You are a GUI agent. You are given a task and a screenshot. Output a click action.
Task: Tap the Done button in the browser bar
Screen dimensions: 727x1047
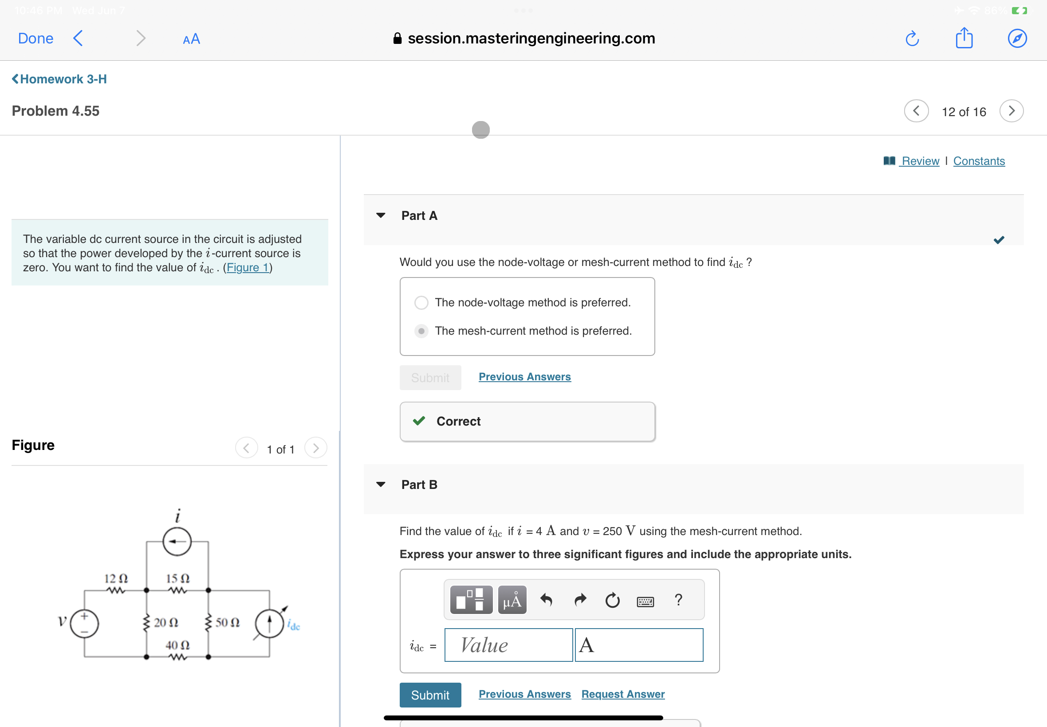tap(35, 38)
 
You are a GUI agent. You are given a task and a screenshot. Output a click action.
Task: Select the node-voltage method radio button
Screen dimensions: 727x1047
tap(421, 303)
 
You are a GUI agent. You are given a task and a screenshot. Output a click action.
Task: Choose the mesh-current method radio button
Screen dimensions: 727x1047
tap(421, 331)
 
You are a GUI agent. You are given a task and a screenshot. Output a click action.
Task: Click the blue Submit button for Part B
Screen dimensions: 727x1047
tap(430, 695)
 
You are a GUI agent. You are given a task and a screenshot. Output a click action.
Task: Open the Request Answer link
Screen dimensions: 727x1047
tap(622, 694)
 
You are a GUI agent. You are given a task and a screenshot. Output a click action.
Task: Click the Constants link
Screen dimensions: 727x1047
tap(979, 161)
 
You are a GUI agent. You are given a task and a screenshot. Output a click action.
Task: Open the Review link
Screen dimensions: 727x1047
tap(920, 161)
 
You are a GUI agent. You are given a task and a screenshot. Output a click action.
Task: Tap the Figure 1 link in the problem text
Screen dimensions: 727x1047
tap(247, 268)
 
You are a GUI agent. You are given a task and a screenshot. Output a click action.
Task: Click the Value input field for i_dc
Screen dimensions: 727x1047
tap(508, 645)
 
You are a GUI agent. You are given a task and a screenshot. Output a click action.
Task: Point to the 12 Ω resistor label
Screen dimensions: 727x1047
tap(116, 578)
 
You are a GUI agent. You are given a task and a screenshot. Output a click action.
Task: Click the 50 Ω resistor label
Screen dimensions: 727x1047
tap(228, 623)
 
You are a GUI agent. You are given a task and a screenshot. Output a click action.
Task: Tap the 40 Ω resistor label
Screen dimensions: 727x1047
tap(177, 645)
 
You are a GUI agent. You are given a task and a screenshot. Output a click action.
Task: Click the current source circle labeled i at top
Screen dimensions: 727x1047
tap(177, 542)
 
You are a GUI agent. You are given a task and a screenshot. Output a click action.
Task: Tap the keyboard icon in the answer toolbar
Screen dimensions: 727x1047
tap(645, 601)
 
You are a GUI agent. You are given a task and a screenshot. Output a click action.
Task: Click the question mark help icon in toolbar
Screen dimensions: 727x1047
tap(678, 600)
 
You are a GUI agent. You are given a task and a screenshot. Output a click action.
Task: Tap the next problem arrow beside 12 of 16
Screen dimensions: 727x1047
tap(1011, 111)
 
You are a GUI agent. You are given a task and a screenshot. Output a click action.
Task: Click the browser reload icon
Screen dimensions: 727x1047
tap(912, 39)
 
